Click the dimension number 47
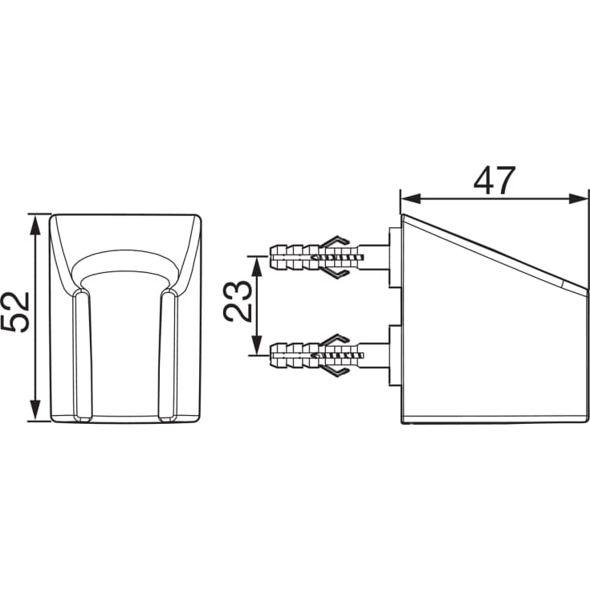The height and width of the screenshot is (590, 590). coord(494,181)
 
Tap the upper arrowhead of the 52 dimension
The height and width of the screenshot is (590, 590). coord(35,225)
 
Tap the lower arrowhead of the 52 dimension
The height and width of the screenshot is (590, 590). coord(35,410)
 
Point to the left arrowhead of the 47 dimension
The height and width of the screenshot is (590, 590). coord(411,199)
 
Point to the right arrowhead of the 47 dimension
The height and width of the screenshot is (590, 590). coord(578,199)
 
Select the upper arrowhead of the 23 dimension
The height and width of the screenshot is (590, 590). coord(257,266)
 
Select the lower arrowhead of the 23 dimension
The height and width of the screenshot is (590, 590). coord(257,344)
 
